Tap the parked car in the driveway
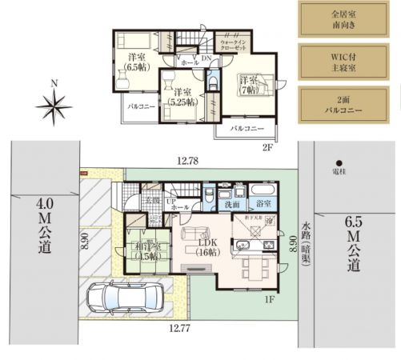click(x=124, y=300)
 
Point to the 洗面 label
click(x=234, y=205)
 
